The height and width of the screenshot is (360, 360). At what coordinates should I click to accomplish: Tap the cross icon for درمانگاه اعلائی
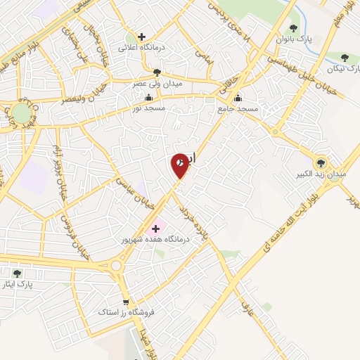(142, 37)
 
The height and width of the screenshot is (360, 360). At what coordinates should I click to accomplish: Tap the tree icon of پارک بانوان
(293, 29)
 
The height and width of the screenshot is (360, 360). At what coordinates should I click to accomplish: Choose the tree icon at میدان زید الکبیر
(322, 161)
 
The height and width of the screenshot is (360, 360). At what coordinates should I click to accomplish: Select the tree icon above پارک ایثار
(18, 273)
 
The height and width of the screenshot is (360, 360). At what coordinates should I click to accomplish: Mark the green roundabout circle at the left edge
(21, 112)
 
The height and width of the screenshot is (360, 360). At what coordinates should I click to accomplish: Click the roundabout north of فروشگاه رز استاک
(117, 266)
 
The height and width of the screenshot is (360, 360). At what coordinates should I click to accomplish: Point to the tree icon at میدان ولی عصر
(157, 72)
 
